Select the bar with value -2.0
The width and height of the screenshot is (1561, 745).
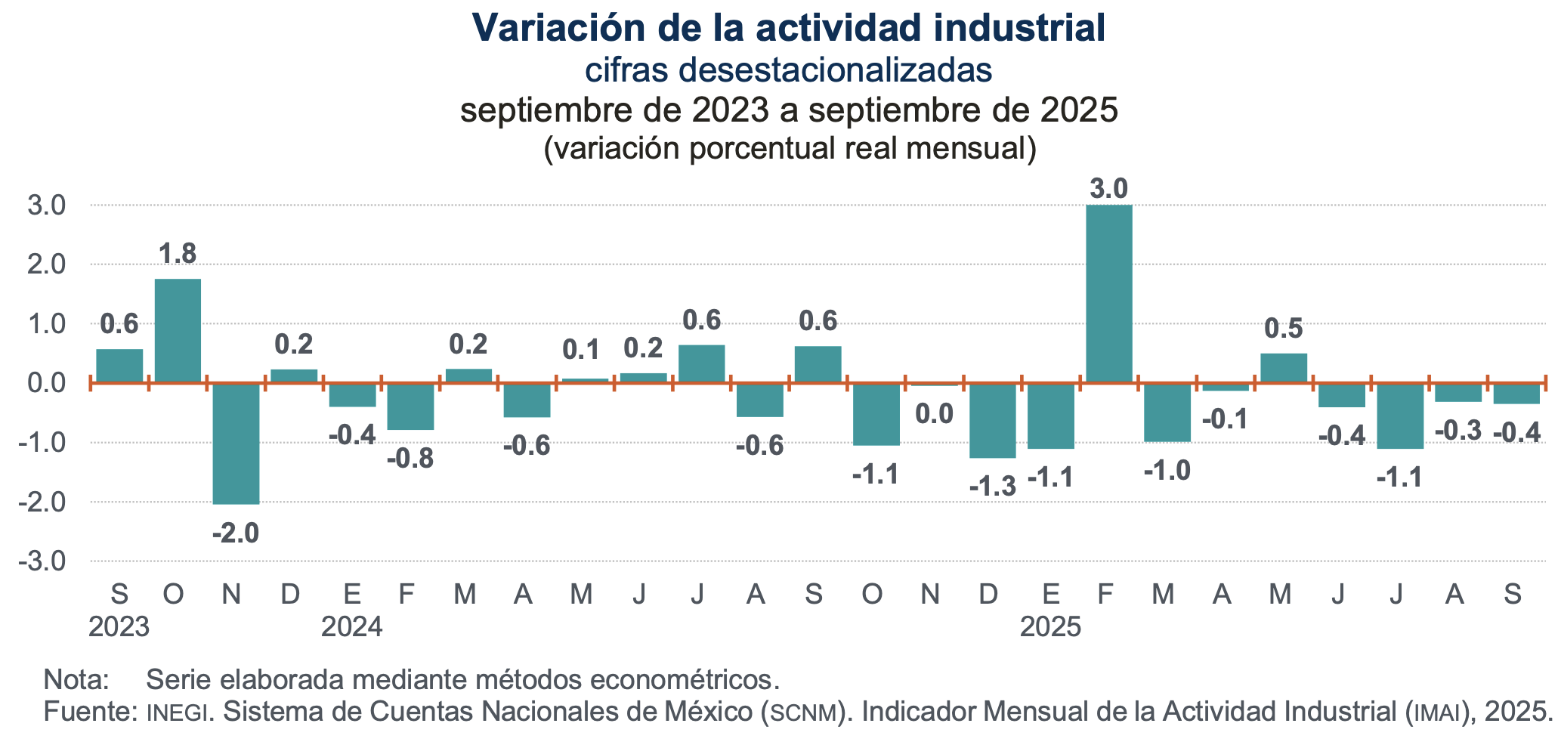point(236,443)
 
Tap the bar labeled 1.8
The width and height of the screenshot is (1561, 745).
point(178,330)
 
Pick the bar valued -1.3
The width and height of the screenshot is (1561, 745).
point(992,420)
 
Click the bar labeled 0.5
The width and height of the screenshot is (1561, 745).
point(1283,368)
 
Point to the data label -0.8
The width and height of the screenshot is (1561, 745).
point(410,459)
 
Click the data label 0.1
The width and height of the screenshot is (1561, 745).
point(581,350)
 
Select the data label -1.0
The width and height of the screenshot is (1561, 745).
point(1167,471)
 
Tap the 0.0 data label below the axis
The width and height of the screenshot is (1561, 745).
point(934,414)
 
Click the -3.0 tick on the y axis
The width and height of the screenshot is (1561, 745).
point(46,561)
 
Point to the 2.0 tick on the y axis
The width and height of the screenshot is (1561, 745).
point(46,264)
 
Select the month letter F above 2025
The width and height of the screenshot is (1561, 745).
point(1105,595)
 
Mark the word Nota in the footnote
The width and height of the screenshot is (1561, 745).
point(76,679)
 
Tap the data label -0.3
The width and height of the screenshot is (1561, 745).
point(1457,431)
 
